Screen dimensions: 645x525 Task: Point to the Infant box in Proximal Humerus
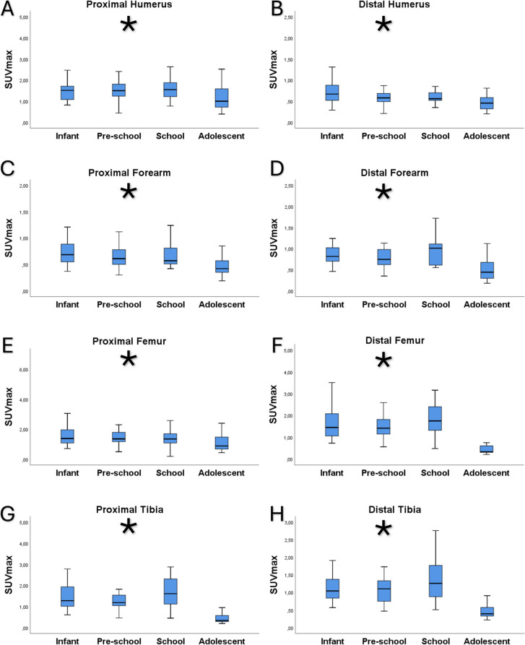pos(66,92)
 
